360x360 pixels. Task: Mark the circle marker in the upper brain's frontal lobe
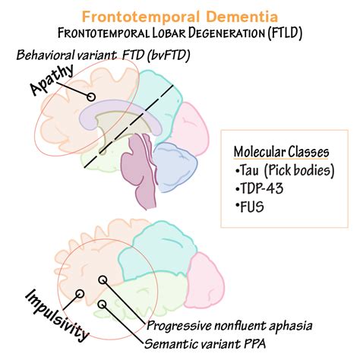tap(90, 97)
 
